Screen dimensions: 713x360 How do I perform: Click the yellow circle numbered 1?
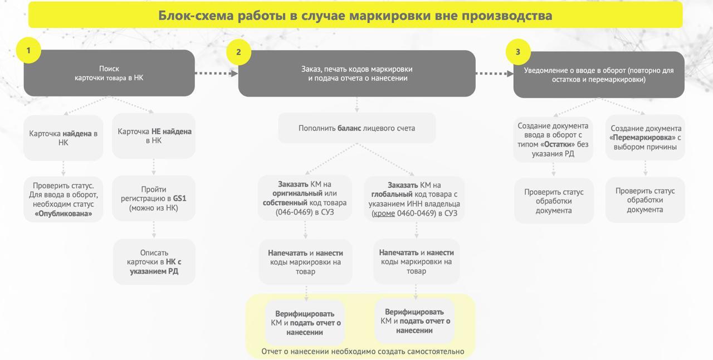28,50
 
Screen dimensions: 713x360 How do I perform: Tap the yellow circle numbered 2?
239,52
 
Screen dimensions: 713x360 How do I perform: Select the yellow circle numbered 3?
518,52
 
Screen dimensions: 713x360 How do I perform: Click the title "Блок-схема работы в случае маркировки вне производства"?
355,15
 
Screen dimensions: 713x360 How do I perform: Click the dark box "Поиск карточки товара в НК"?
109,73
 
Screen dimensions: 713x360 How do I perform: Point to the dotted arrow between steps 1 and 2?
216,74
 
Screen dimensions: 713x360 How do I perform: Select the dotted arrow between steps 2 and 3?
494,74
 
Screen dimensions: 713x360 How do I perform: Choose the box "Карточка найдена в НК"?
64,138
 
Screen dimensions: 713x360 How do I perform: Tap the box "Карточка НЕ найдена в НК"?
154,136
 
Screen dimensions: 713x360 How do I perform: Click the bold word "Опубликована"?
64,213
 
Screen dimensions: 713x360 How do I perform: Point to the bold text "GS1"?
179,198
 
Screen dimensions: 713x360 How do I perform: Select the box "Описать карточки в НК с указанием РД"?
154,262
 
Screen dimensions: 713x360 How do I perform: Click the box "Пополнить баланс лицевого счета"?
357,128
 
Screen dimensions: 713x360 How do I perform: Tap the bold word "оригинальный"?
293,193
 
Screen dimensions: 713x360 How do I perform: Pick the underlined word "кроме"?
384,213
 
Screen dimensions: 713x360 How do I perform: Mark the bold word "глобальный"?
392,194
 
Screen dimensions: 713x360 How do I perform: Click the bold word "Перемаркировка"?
642,138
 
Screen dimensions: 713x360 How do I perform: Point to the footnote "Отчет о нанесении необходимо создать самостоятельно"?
363,352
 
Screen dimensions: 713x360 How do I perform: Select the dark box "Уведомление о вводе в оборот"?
599,75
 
